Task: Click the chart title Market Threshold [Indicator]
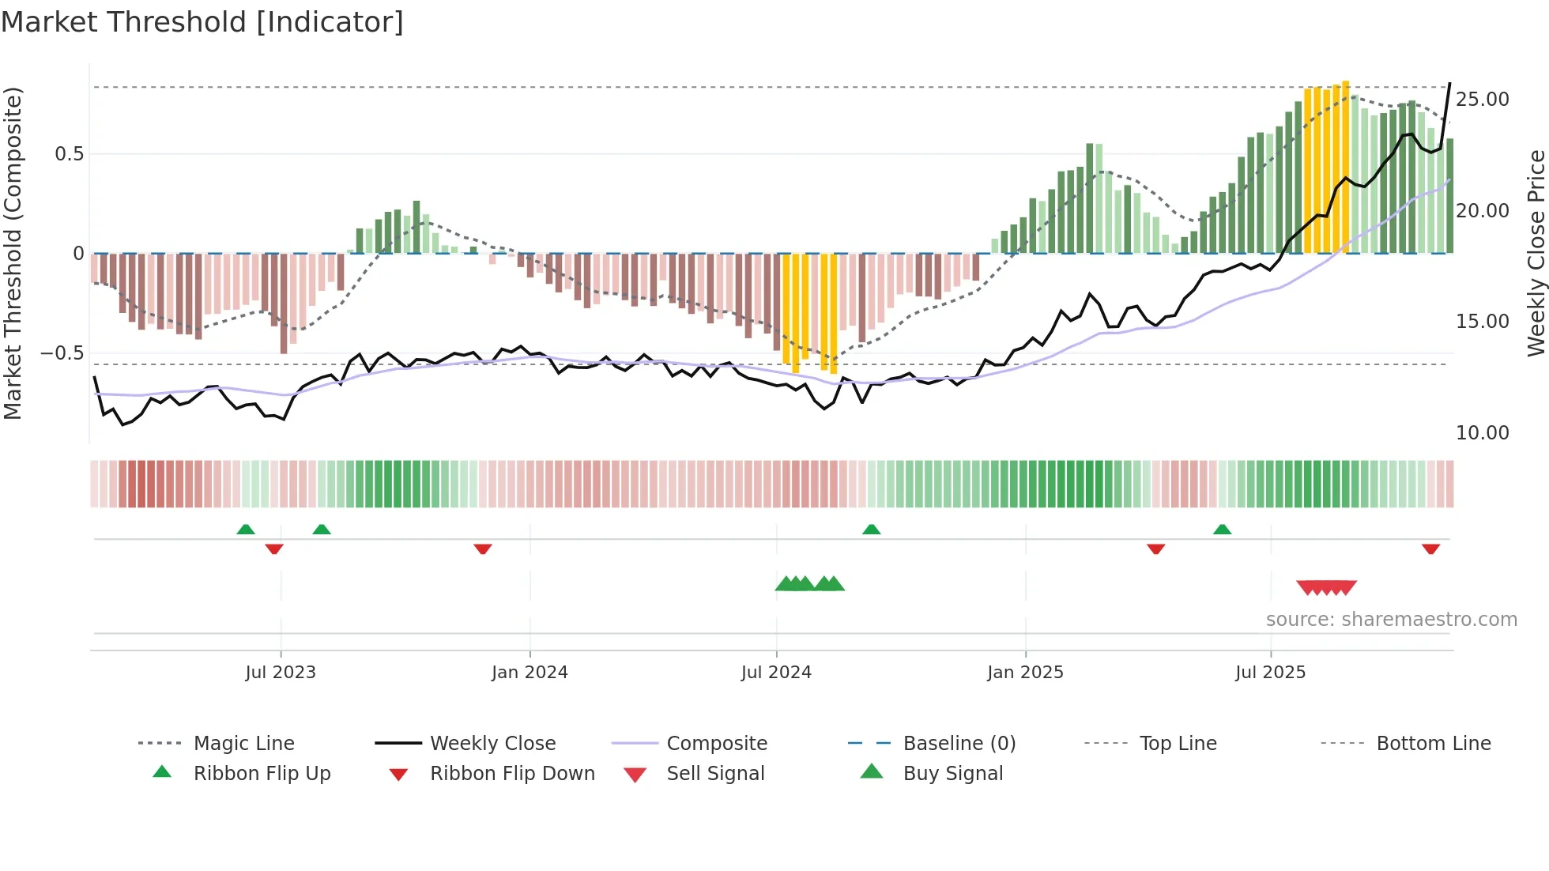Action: click(202, 22)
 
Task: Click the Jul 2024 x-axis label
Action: click(776, 673)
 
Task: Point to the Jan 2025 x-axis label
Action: click(1025, 673)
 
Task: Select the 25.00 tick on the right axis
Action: click(1482, 100)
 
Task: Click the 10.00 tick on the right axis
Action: click(1482, 433)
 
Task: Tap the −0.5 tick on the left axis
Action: click(62, 353)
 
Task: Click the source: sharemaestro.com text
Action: click(1391, 620)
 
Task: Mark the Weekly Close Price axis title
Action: click(1536, 253)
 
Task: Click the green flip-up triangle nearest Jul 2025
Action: click(1222, 530)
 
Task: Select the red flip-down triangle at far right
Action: click(1430, 549)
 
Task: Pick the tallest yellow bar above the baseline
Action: click(1345, 166)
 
